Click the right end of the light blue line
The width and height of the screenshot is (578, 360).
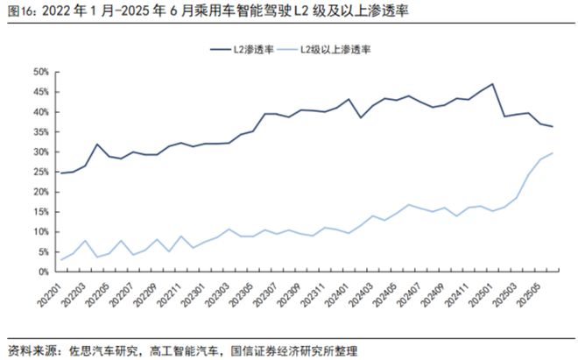click(553, 153)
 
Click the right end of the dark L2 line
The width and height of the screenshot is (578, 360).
click(553, 127)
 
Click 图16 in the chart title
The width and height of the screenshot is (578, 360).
click(21, 11)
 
